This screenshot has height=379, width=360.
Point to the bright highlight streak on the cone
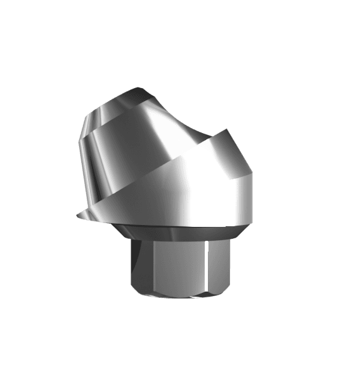(x=158, y=127)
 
